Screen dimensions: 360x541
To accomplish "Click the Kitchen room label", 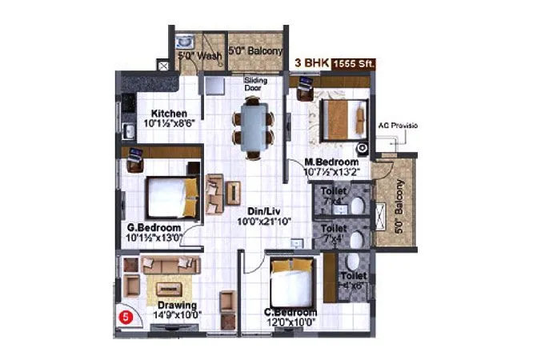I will click(170, 113).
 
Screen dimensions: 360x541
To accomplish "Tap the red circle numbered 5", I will click(125, 315).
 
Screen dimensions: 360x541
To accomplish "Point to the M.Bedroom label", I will click(331, 160).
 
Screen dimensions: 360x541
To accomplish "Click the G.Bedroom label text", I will click(154, 226).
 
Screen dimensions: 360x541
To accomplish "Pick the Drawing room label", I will click(177, 305).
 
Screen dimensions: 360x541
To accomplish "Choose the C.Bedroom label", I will click(291, 312).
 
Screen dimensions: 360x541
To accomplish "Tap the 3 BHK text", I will click(310, 62).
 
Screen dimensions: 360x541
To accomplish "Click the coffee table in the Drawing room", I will click(170, 289).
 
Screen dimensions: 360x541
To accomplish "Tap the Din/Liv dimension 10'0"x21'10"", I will click(262, 221).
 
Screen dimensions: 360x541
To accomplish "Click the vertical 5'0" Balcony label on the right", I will click(399, 206).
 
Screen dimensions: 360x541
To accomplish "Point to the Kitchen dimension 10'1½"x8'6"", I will click(170, 124).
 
